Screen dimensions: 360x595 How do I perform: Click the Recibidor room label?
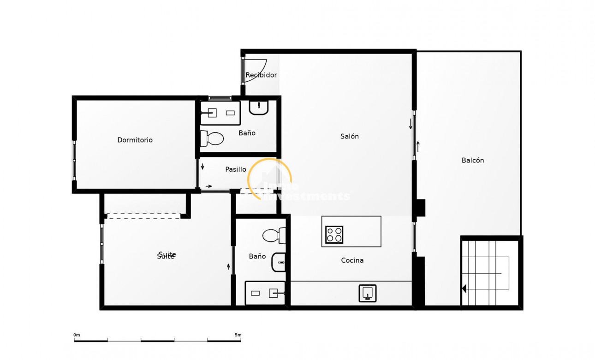(261, 75)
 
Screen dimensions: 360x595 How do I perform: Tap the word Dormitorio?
(135, 140)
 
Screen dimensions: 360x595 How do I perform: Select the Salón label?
(349, 136)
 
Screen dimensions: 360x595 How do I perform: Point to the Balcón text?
(472, 160)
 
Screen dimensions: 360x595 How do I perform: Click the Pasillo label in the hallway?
(235, 169)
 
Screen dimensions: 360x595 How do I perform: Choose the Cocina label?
(352, 260)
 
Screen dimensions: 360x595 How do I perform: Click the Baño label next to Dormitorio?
(247, 133)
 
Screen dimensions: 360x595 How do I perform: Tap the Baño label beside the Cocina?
(257, 256)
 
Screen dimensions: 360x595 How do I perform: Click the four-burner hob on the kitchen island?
(334, 234)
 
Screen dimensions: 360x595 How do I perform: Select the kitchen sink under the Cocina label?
(367, 293)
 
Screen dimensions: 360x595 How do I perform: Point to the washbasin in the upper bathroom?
(259, 108)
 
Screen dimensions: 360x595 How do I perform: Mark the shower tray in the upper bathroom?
(220, 113)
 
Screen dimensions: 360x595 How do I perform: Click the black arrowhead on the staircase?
(464, 288)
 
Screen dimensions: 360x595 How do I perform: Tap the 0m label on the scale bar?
(77, 335)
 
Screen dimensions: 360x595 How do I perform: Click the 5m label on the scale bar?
(238, 335)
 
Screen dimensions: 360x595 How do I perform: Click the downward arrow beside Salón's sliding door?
(410, 124)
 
